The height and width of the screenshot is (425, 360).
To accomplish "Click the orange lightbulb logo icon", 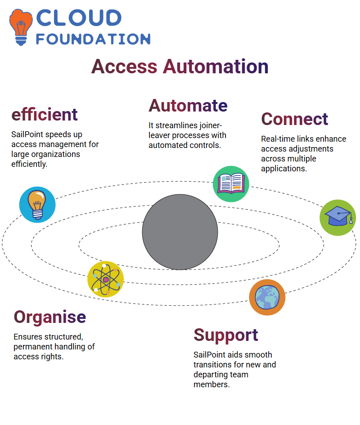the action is (x=21, y=27).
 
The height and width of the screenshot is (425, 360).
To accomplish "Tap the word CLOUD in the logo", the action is (x=79, y=18).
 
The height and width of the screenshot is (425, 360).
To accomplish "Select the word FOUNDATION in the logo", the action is (x=93, y=39).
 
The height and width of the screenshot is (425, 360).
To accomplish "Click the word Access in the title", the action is (x=124, y=67).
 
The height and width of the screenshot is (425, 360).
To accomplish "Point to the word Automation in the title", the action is (x=216, y=67).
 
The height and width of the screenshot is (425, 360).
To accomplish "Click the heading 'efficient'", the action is (x=45, y=114).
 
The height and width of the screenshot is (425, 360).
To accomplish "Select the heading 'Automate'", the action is (x=188, y=105).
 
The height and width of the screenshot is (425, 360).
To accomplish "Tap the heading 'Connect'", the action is (x=295, y=119).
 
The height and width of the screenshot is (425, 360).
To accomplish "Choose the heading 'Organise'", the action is (x=50, y=317).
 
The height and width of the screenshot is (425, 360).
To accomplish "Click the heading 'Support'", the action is (x=226, y=336).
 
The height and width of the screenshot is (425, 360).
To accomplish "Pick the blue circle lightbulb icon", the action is (x=37, y=205).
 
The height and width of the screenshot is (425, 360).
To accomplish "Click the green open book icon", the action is (x=231, y=184).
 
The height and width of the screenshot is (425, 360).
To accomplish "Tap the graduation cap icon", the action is (x=338, y=218).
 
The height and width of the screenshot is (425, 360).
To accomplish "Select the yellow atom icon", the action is (x=106, y=279).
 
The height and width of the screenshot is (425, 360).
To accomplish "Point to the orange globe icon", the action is (x=267, y=297).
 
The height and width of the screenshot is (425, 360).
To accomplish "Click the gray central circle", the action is (x=180, y=232).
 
